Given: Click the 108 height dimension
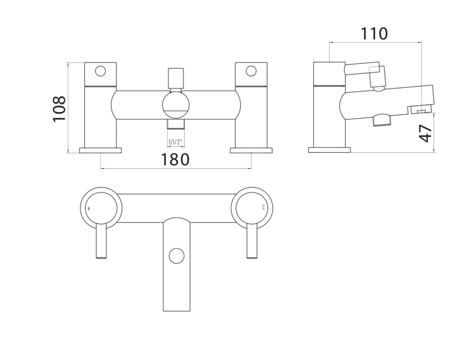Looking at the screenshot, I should [59, 109].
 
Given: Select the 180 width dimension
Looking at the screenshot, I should [175, 160].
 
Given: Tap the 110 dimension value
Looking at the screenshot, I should [374, 33].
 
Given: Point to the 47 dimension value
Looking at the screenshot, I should [426, 133].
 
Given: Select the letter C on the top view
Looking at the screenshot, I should [264, 208].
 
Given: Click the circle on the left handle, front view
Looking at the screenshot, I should [101, 71].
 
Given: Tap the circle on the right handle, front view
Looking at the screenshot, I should [251, 71].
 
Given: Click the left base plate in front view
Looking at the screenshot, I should [101, 150].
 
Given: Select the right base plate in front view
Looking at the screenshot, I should [251, 150].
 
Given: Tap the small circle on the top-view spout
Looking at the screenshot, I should [176, 256].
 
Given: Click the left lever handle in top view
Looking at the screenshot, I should [101, 242].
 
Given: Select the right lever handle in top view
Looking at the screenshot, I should [252, 242].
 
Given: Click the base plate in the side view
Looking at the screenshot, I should [329, 150].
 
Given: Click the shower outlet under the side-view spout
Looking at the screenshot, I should [382, 121].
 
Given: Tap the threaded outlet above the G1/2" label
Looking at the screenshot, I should [176, 125].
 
